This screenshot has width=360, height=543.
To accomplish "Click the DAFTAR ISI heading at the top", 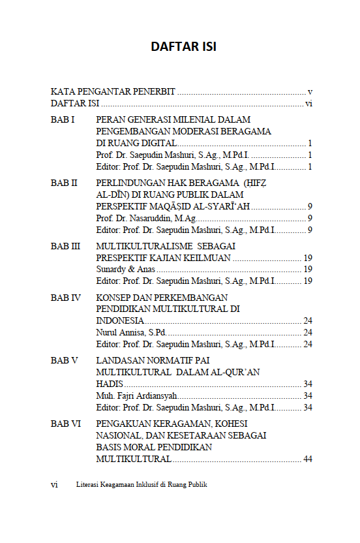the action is pos(183,47).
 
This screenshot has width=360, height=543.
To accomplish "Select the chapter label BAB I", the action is pos(63,120).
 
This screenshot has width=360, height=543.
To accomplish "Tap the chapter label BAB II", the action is pos(64,183).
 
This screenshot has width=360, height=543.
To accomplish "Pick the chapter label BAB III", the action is pos(65,246).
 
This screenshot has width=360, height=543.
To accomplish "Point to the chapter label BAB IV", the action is pos(65,297).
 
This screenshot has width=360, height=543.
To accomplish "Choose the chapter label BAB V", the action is pos(64,360).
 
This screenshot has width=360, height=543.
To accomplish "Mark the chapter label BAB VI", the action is pos(65,424).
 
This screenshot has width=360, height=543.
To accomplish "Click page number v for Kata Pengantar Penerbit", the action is pos(310,92).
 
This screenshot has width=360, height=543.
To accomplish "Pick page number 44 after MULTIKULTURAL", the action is pos(308,459).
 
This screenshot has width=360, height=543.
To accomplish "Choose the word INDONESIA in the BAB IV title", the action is pos(120,320).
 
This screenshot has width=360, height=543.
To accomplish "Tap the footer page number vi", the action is pos(54,485).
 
